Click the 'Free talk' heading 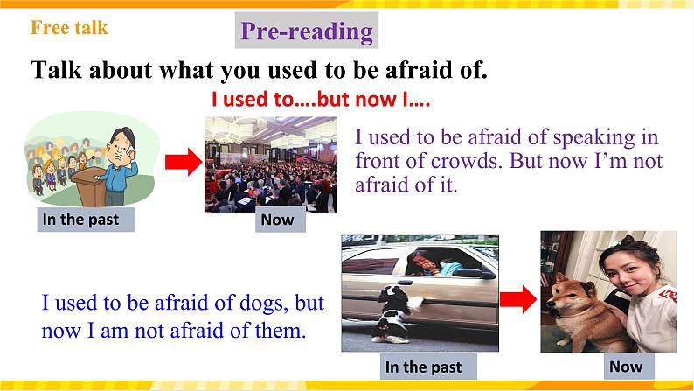pyautogui.click(x=69, y=28)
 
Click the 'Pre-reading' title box pyautogui.click(x=306, y=32)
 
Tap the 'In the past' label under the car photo pyautogui.click(x=423, y=367)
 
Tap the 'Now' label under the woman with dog pyautogui.click(x=625, y=367)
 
